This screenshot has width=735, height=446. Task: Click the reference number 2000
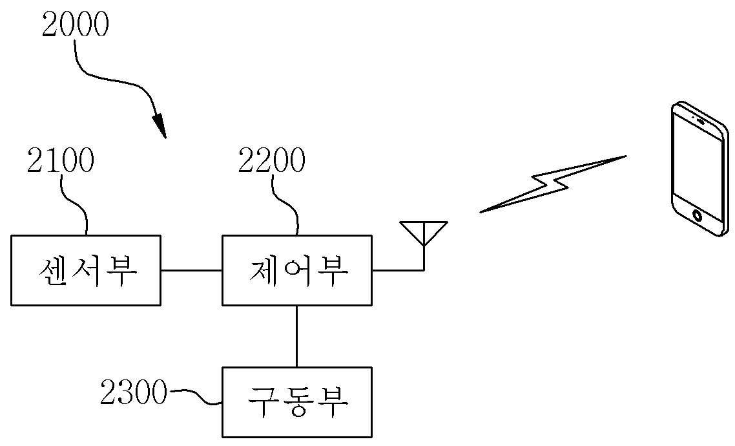pos(76,25)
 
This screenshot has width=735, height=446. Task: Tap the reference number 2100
pos(61,160)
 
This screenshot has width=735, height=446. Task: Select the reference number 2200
pos(272,160)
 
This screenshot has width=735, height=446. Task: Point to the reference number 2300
pos(134,392)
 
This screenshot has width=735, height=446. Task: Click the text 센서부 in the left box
pos(88,271)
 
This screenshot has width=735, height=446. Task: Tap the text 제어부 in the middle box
pos(298,271)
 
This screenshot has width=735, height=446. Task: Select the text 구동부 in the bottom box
pos(298,402)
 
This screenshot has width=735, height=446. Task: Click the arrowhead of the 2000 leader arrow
pos(160,125)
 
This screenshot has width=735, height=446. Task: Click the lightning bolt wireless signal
pos(553,184)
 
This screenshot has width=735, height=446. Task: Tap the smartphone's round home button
pos(698,216)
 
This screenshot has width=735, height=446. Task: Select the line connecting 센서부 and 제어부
pos(191,270)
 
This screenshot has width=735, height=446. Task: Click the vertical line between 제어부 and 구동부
pos(296,336)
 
